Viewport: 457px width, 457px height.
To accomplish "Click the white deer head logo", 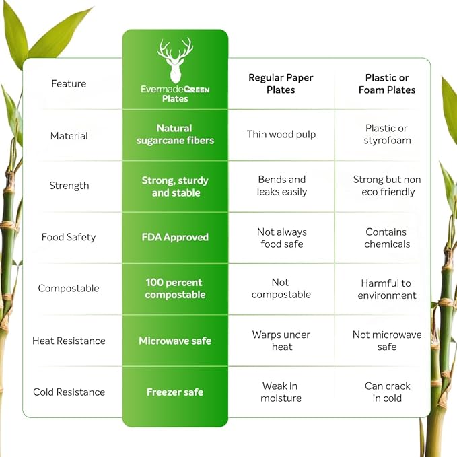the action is click(x=175, y=60).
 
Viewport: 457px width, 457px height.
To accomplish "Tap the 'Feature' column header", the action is click(x=69, y=84).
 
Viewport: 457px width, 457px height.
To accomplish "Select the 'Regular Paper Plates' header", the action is click(x=281, y=83).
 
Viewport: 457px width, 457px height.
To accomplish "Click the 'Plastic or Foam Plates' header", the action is click(x=387, y=83).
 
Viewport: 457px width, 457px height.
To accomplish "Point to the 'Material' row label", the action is click(x=69, y=136).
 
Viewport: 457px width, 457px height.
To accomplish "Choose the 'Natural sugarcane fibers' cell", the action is click(x=175, y=135).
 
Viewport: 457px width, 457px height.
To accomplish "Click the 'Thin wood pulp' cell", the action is click(x=281, y=135).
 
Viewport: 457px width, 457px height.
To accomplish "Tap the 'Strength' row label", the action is click(x=69, y=186).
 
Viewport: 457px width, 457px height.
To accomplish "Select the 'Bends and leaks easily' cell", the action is click(x=282, y=186).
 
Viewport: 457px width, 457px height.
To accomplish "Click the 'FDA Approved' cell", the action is click(x=175, y=237).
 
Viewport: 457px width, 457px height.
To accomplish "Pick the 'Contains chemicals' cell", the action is click(x=387, y=238).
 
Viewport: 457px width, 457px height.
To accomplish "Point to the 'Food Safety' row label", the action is click(x=69, y=237).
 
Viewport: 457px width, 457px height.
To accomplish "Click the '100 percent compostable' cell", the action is click(x=175, y=289).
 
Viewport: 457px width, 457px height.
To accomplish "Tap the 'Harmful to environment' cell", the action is click(x=387, y=289).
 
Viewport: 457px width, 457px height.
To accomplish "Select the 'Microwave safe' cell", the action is click(x=175, y=341).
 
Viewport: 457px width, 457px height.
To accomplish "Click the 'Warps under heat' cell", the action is click(x=281, y=341).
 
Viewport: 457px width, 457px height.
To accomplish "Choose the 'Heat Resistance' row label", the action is click(x=69, y=341).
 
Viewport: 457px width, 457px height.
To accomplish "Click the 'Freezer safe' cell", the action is click(x=175, y=392).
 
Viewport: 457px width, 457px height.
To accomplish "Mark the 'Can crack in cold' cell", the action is click(x=388, y=392).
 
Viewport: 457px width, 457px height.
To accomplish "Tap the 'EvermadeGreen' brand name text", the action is click(x=175, y=90).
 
